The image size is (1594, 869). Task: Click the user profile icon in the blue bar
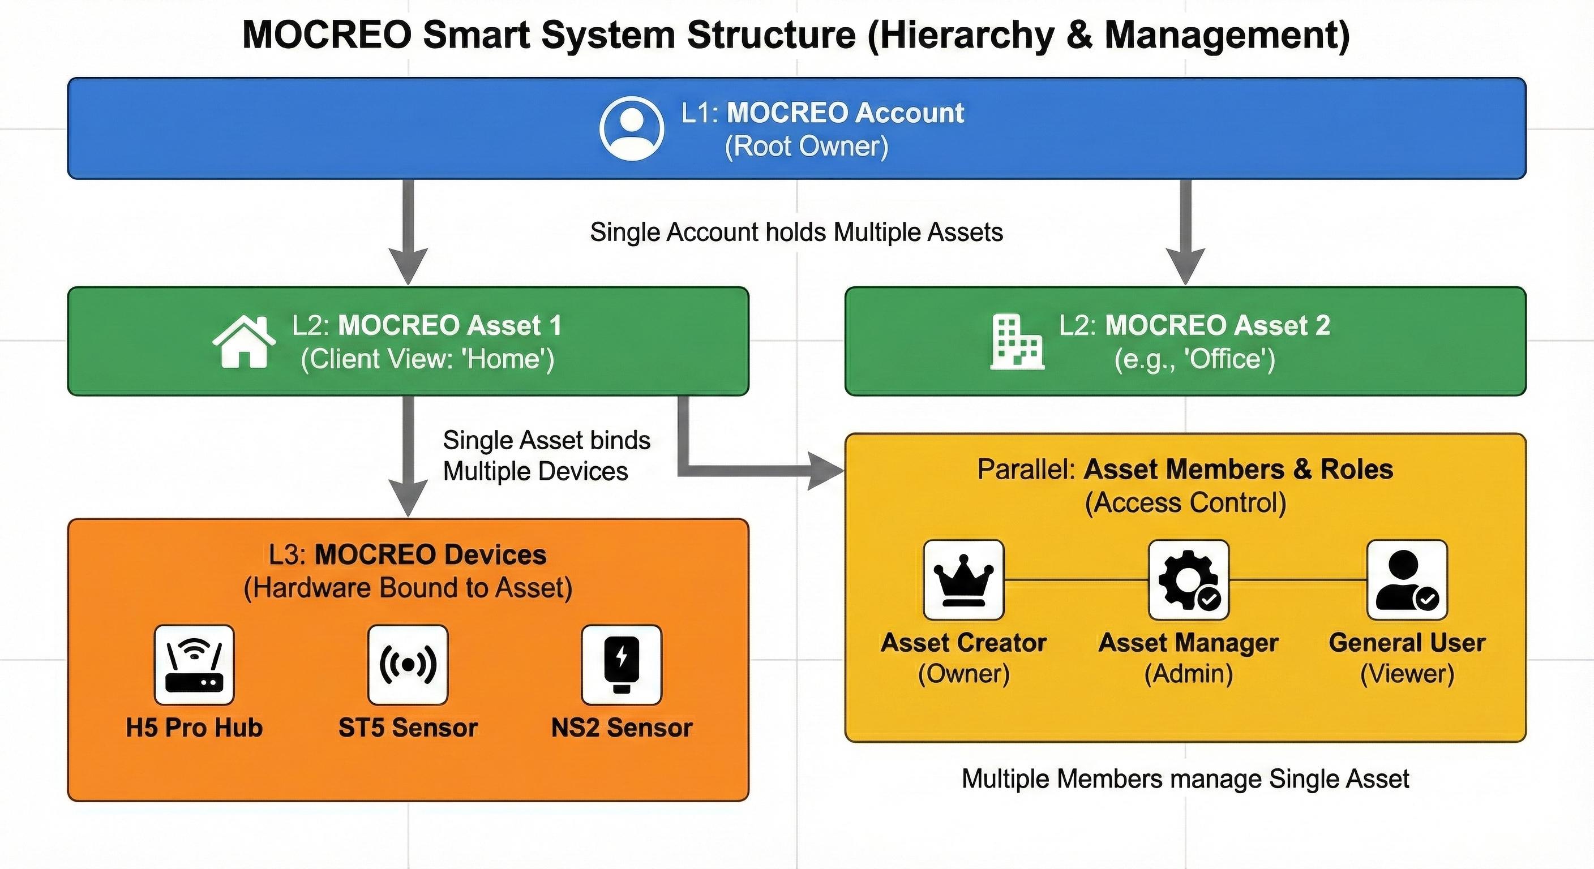[631, 128]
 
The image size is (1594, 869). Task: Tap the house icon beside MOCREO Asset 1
[244, 342]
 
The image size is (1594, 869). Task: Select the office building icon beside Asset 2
[1017, 342]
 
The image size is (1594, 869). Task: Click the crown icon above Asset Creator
[963, 580]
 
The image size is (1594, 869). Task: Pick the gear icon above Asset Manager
[1188, 580]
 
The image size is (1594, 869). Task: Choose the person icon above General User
[1407, 580]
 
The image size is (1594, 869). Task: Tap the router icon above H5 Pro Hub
[194, 665]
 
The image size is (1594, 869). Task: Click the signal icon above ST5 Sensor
[408, 665]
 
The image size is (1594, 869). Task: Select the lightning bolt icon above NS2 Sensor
[622, 665]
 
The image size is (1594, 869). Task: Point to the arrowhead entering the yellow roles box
[828, 471]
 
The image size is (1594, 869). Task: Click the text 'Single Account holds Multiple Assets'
[796, 233]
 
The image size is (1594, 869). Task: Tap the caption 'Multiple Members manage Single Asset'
[1185, 778]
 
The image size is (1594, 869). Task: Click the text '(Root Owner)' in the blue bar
[806, 147]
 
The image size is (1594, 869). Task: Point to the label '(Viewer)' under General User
[1407, 674]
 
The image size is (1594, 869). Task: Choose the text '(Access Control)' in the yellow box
[1185, 503]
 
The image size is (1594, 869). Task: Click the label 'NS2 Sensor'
[622, 728]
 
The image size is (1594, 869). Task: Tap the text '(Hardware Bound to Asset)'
[408, 588]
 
